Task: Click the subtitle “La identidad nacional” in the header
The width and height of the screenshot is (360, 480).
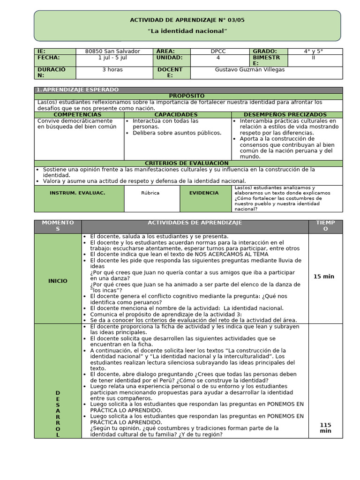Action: pyautogui.click(x=187, y=31)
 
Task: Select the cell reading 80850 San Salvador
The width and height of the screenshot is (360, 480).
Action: pyautogui.click(x=112, y=51)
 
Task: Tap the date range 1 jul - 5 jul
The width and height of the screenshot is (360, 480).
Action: pyautogui.click(x=112, y=58)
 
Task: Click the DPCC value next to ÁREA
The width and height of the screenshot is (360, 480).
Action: pyautogui.click(x=218, y=51)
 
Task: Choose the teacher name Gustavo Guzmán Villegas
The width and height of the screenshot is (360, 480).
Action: pyautogui.click(x=249, y=70)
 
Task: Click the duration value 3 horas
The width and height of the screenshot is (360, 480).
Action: pyautogui.click(x=112, y=70)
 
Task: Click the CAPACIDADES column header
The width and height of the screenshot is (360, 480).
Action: pyautogui.click(x=176, y=115)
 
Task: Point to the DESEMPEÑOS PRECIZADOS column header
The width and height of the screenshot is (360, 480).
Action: pyautogui.click(x=285, y=115)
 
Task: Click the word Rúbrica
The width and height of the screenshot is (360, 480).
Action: pyautogui.click(x=150, y=193)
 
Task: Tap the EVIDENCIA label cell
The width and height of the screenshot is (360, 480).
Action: pyautogui.click(x=203, y=193)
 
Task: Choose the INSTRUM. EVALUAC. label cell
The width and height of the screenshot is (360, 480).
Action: pyautogui.click(x=77, y=193)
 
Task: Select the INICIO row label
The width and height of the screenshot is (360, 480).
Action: pyautogui.click(x=58, y=281)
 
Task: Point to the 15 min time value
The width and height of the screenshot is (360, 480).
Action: pyautogui.click(x=323, y=277)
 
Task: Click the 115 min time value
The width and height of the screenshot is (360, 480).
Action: pyautogui.click(x=325, y=427)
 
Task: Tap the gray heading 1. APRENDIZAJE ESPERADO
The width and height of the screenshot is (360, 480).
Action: pyautogui.click(x=78, y=90)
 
